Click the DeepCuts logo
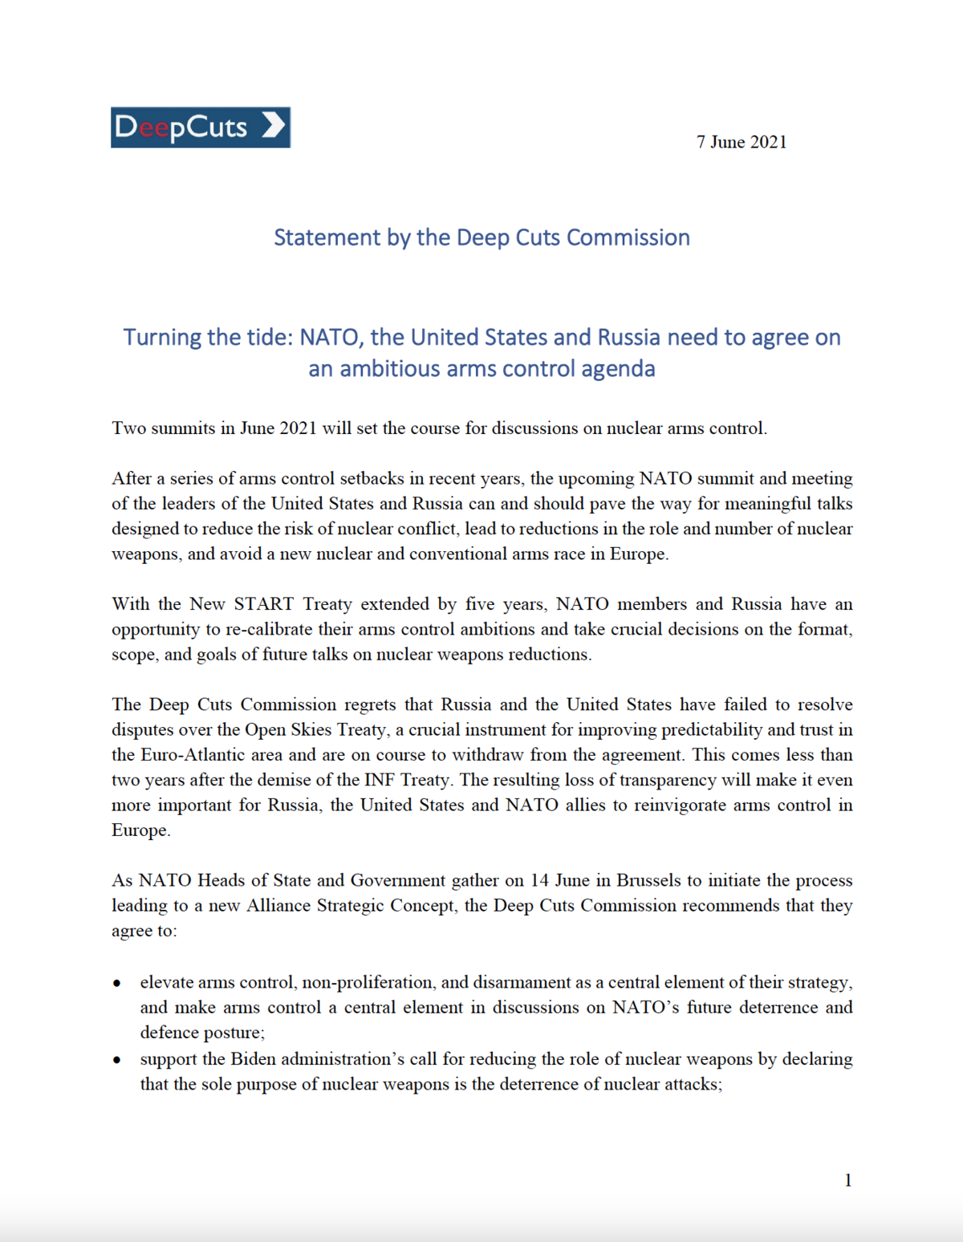[x=200, y=128]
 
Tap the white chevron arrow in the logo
[x=273, y=126]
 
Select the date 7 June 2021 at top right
[x=742, y=142]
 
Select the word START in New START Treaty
[x=263, y=604]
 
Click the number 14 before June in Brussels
[x=539, y=880]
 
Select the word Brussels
[x=648, y=880]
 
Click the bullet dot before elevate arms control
[x=118, y=984]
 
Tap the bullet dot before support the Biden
[x=118, y=1061]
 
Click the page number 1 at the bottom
[x=847, y=1180]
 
